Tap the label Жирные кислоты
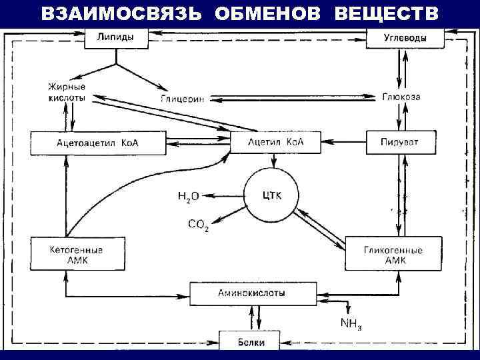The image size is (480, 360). click(x=67, y=92)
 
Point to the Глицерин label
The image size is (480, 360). click(x=182, y=99)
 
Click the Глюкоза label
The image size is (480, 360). click(x=401, y=97)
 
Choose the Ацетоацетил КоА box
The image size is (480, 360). click(x=98, y=142)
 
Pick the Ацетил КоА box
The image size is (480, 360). click(x=275, y=142)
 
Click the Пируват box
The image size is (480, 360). click(x=400, y=142)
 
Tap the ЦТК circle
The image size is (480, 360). click(x=271, y=195)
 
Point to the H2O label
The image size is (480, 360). click(x=188, y=196)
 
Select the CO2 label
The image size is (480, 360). click(x=199, y=225)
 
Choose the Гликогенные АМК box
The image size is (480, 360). click(x=393, y=254)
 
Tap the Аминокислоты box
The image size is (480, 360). click(x=251, y=293)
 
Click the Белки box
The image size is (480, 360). click(x=251, y=342)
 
